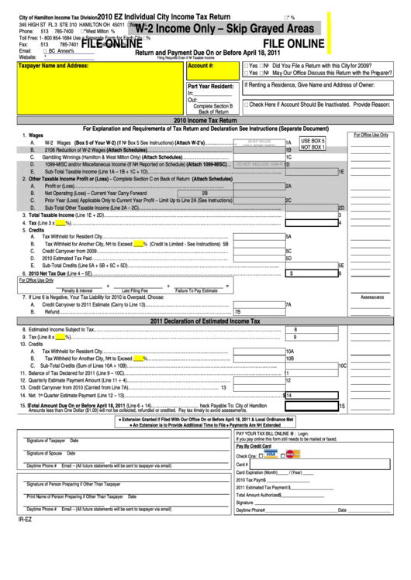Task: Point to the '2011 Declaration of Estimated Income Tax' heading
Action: pyautogui.click(x=205, y=321)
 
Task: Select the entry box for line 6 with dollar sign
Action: pyautogui.click(x=310, y=273)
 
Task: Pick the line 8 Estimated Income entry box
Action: pyautogui.click(x=310, y=329)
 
